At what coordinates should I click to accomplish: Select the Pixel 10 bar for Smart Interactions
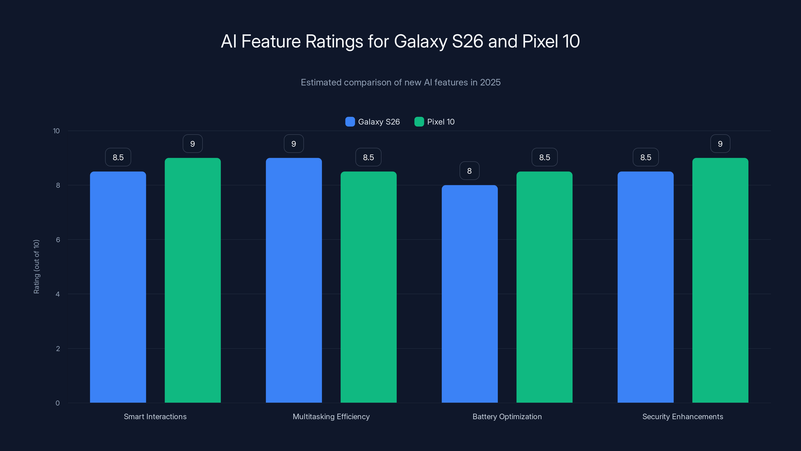(x=192, y=280)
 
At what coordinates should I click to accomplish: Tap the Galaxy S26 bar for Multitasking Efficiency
(x=294, y=280)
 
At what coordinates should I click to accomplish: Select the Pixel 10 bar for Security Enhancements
(x=720, y=280)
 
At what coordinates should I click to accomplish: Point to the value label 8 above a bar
(x=470, y=171)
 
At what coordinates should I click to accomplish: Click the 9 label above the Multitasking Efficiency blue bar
(x=294, y=144)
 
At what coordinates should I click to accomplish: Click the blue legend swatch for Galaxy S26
(x=350, y=122)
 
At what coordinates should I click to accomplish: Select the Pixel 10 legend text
(x=441, y=122)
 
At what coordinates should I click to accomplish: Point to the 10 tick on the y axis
(x=56, y=131)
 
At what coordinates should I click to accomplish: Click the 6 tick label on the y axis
(x=58, y=240)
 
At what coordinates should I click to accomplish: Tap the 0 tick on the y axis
(x=58, y=403)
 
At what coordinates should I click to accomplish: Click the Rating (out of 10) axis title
(x=36, y=267)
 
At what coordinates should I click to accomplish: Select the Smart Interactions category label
(x=155, y=416)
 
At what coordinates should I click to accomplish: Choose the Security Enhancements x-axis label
(x=683, y=416)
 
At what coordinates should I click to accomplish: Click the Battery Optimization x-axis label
(x=507, y=416)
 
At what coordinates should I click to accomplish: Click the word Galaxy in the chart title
(x=421, y=41)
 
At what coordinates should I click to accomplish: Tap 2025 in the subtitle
(x=490, y=82)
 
